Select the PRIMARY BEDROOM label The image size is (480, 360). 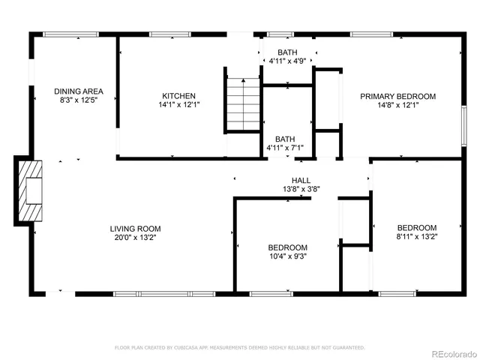pyautogui.click(x=397, y=96)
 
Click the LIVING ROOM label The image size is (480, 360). pyautogui.click(x=135, y=229)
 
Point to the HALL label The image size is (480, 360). pyautogui.click(x=301, y=181)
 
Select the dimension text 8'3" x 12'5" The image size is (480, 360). pyautogui.click(x=77, y=100)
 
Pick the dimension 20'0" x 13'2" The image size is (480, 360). pyautogui.click(x=135, y=238)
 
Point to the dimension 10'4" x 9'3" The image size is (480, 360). pyautogui.click(x=288, y=256)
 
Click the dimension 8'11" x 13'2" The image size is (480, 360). pyautogui.click(x=417, y=237)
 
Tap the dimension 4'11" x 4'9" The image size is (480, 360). pyautogui.click(x=287, y=61)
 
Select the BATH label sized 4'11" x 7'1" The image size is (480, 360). pyautogui.click(x=285, y=139)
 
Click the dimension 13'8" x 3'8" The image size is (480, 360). pyautogui.click(x=301, y=190)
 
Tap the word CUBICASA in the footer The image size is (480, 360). pyautogui.click(x=185, y=348)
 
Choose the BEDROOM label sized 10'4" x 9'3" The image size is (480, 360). pyautogui.click(x=288, y=247)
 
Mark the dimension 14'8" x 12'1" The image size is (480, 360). pyautogui.click(x=397, y=105)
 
